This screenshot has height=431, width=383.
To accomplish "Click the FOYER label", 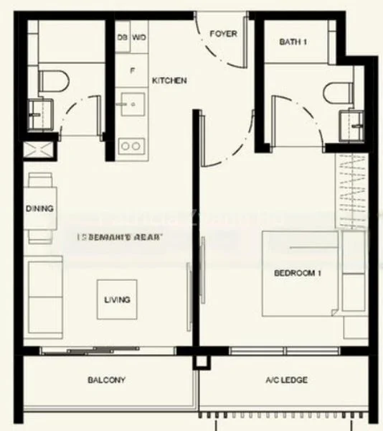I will click(x=223, y=34).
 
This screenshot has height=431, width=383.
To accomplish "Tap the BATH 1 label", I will click(x=293, y=42).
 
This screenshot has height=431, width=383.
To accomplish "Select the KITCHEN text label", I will click(x=169, y=81).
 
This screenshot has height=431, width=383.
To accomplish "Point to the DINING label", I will click(x=39, y=209).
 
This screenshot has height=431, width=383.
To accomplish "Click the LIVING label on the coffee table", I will click(x=118, y=300).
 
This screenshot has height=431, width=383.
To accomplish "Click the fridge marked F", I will click(x=131, y=70).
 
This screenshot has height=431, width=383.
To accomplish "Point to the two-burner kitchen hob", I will click(x=131, y=145).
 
